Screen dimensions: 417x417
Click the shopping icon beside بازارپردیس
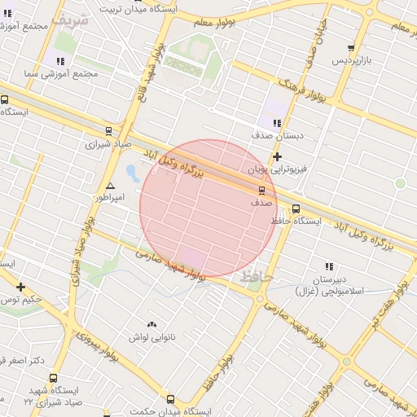[x=351, y=49]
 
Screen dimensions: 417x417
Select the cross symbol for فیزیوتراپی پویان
[x=278, y=156]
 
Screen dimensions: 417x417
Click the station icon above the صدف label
[x=261, y=189]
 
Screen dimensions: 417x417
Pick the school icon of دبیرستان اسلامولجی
[x=329, y=266]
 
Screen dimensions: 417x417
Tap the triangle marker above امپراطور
[x=111, y=186]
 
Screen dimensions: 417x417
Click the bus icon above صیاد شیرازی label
[x=108, y=131]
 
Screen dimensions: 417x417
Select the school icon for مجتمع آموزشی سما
[x=61, y=60]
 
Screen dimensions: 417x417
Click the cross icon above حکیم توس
[x=20, y=287]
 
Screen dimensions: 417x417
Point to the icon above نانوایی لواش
[x=151, y=324]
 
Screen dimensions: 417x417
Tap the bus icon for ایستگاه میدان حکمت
[x=170, y=399]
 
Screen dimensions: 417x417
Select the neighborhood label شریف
[x=69, y=17]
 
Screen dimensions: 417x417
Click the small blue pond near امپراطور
[x=131, y=172]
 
